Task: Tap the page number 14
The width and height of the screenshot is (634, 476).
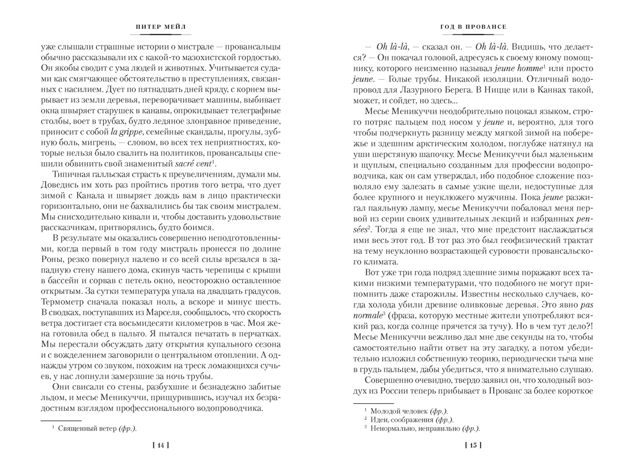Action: (x=160, y=445)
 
